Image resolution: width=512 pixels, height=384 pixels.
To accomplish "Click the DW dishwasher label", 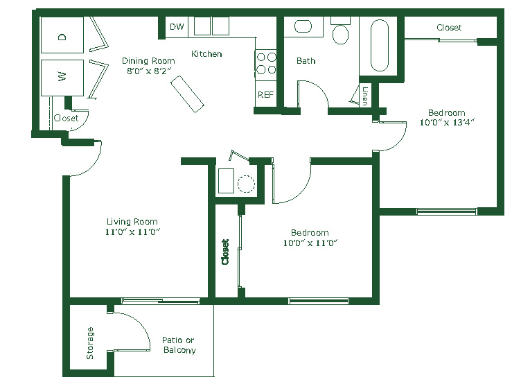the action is click(177, 26).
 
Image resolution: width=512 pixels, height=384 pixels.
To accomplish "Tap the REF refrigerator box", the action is click(265, 94).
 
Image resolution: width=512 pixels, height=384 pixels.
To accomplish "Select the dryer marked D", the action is click(62, 35).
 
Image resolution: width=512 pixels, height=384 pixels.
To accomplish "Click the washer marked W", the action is click(62, 78).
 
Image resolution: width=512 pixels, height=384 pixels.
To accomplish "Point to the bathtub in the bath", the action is click(380, 46).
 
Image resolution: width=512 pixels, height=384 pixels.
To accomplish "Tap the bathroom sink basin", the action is click(303, 26).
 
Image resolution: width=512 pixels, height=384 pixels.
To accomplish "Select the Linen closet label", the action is click(365, 96).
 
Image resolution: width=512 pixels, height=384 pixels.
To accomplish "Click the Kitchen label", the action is click(206, 54).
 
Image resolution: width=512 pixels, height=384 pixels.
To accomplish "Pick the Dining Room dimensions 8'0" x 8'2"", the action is click(148, 71).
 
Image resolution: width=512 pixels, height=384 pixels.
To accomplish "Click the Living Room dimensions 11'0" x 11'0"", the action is click(132, 232).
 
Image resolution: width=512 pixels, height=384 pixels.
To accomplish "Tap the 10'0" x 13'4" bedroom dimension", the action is click(447, 123).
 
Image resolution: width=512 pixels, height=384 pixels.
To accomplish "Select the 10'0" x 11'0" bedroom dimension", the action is click(310, 243).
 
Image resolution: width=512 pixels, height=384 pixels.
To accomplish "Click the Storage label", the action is click(90, 343).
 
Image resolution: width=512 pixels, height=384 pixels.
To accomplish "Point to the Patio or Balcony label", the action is click(179, 345).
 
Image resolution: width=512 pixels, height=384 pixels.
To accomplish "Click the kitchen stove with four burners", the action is click(266, 64).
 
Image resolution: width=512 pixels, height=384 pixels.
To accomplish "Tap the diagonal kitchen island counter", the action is click(187, 94).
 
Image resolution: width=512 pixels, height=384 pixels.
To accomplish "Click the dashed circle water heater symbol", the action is click(246, 184).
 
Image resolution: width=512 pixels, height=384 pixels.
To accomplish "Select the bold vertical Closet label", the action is click(225, 252).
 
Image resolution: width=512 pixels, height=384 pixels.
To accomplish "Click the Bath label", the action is click(306, 61).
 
